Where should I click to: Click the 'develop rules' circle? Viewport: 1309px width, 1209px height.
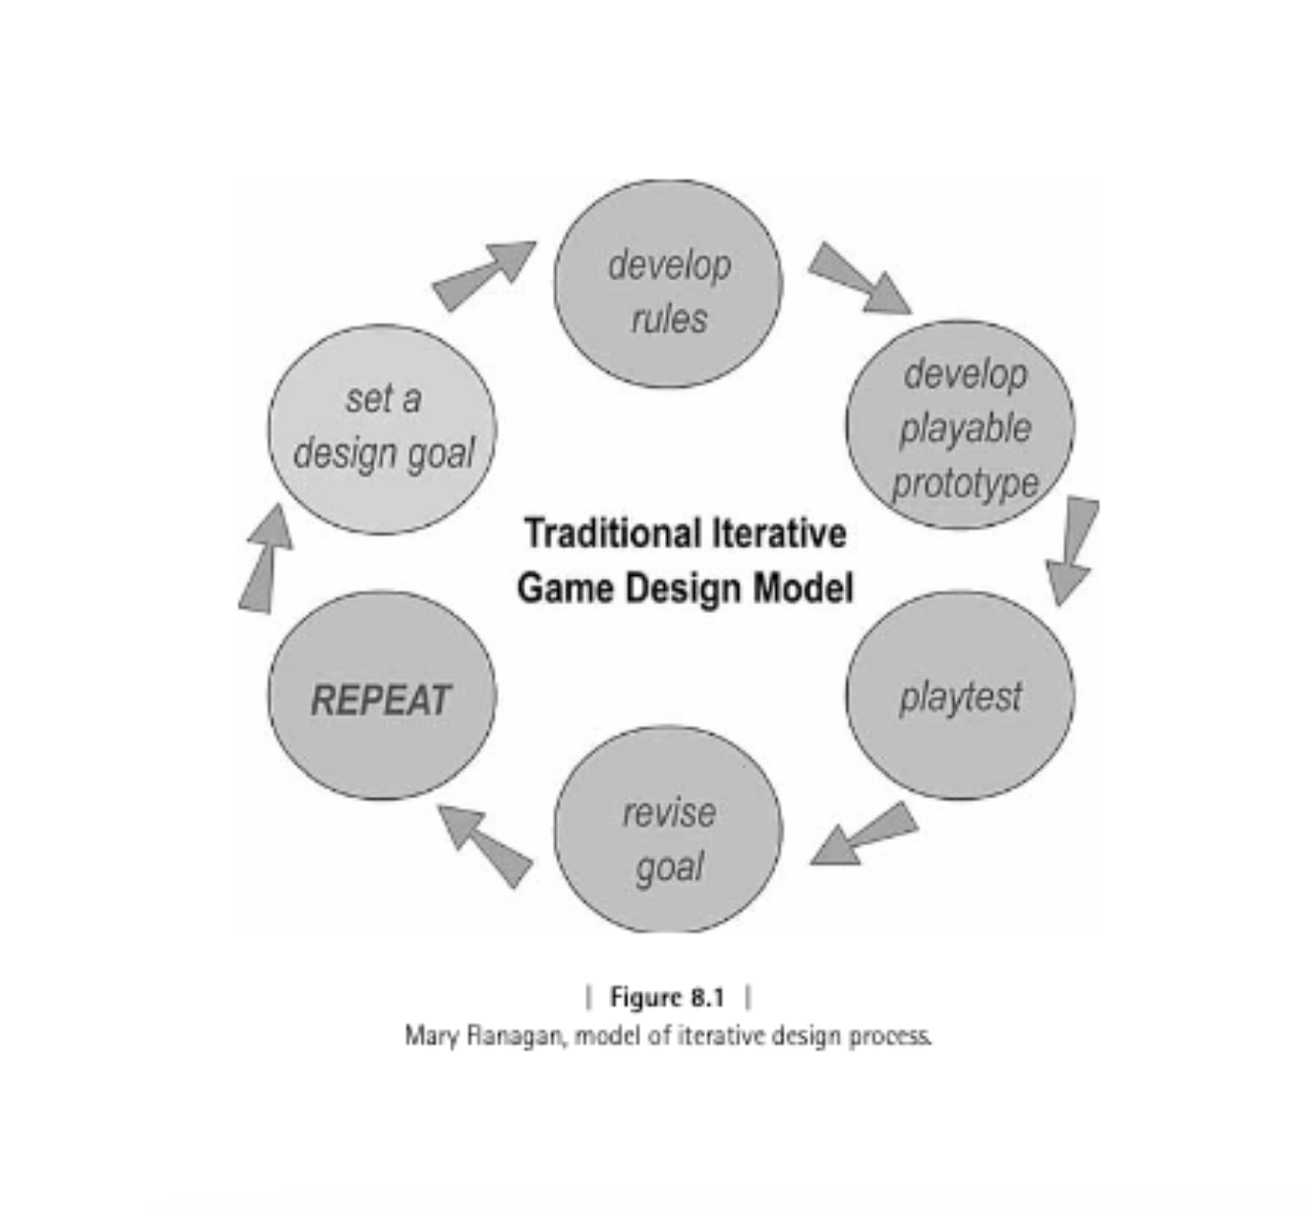coord(668,284)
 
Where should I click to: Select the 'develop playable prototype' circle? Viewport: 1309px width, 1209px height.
coord(960,425)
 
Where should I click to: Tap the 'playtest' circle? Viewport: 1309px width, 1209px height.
coord(960,695)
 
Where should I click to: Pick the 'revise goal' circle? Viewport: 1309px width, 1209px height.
coord(668,830)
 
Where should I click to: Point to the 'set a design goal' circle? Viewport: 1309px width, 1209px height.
coord(382,429)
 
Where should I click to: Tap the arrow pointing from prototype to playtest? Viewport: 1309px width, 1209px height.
coord(1073,550)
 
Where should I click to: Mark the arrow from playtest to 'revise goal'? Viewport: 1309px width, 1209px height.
coord(863,835)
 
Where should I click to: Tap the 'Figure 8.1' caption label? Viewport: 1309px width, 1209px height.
coord(667,998)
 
